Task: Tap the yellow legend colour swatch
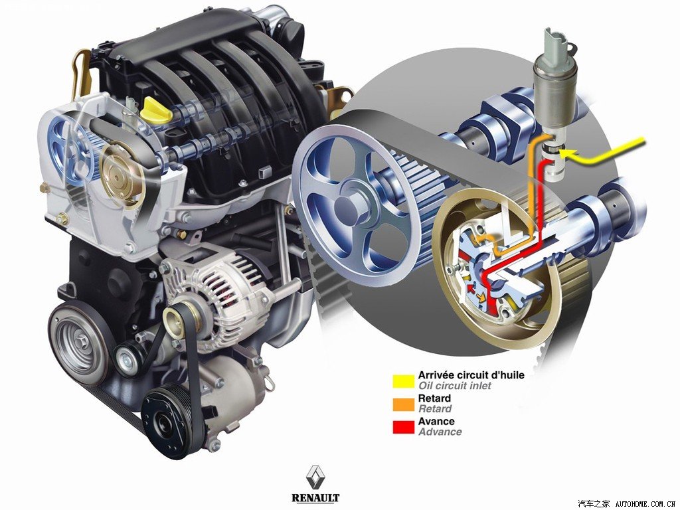pyautogui.click(x=403, y=381)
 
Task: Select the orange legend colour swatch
pyautogui.click(x=403, y=404)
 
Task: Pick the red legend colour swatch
pyautogui.click(x=403, y=427)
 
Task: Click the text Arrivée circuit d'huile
pyautogui.click(x=471, y=375)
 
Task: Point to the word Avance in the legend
pyautogui.click(x=436, y=421)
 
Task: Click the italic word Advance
pyautogui.click(x=440, y=432)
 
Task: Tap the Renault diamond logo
pyautogui.click(x=315, y=478)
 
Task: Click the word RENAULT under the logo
pyautogui.click(x=315, y=497)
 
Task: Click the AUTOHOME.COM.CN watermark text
pyautogui.click(x=646, y=503)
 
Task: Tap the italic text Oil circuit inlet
pyautogui.click(x=454, y=386)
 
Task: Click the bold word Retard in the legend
pyautogui.click(x=434, y=398)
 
